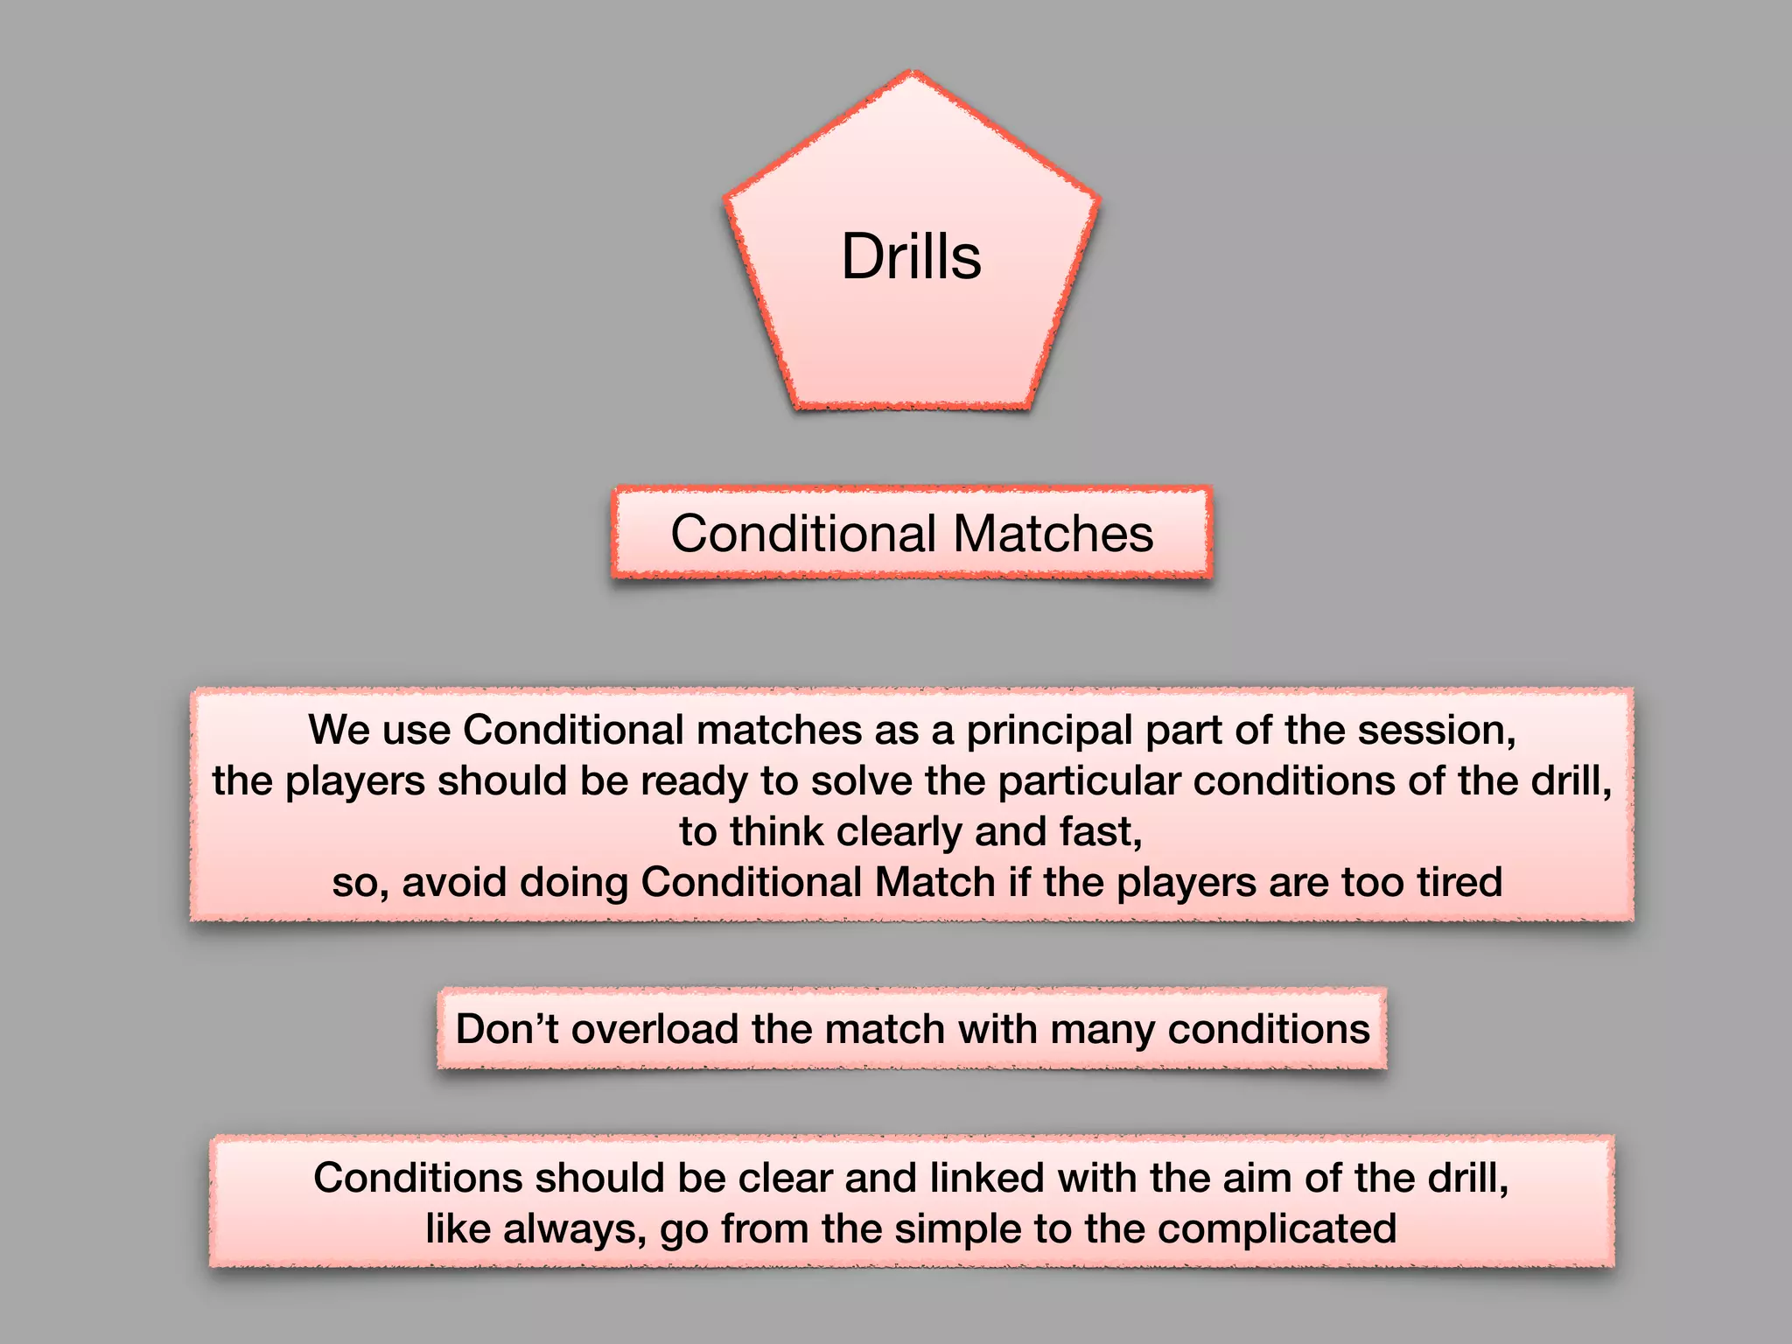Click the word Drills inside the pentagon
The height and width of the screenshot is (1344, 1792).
click(x=911, y=256)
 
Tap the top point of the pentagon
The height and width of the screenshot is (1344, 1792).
click(x=912, y=73)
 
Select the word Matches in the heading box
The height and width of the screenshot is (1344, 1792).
click(x=1053, y=533)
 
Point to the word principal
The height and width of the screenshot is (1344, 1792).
click(x=1049, y=731)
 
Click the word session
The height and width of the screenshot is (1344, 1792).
click(x=1435, y=731)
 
